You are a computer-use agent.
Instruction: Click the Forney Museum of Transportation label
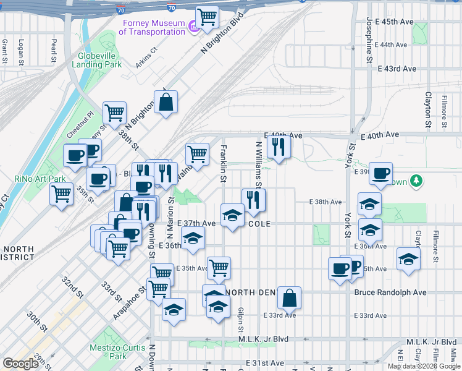pos(151,27)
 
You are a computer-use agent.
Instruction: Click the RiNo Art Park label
pos(40,179)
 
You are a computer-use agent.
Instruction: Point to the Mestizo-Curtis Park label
pos(109,352)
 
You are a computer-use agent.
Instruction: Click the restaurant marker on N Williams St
pos(253,200)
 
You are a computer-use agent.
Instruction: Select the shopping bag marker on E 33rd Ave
pos(289,298)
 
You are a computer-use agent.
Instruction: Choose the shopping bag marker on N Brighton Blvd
pos(166,102)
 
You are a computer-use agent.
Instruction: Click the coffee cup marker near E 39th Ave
pos(381,173)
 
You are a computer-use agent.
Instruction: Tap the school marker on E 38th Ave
pos(369,204)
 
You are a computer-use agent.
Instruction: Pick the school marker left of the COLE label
pos(232,215)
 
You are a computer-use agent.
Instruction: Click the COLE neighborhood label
pos(260,223)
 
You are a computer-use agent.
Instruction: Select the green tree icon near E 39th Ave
pos(418,181)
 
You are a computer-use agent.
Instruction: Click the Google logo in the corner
pos(21,363)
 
